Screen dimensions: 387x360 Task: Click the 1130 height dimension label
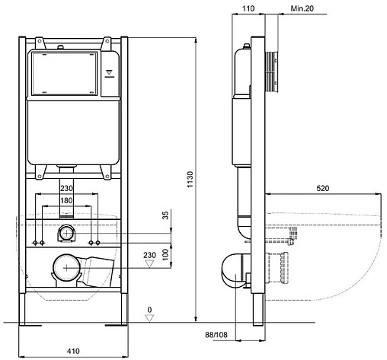tap(190, 180)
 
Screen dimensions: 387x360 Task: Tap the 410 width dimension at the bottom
tap(73, 351)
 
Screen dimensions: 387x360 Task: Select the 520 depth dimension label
tap(323, 188)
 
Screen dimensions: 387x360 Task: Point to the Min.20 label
tap(302, 8)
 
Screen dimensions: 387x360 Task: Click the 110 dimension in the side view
tap(248, 8)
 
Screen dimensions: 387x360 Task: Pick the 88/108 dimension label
tap(216, 335)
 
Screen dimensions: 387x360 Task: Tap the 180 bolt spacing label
tap(66, 200)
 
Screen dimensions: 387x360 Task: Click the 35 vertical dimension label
tap(165, 215)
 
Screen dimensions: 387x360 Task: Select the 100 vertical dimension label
tap(165, 254)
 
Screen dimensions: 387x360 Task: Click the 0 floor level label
tap(149, 310)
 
